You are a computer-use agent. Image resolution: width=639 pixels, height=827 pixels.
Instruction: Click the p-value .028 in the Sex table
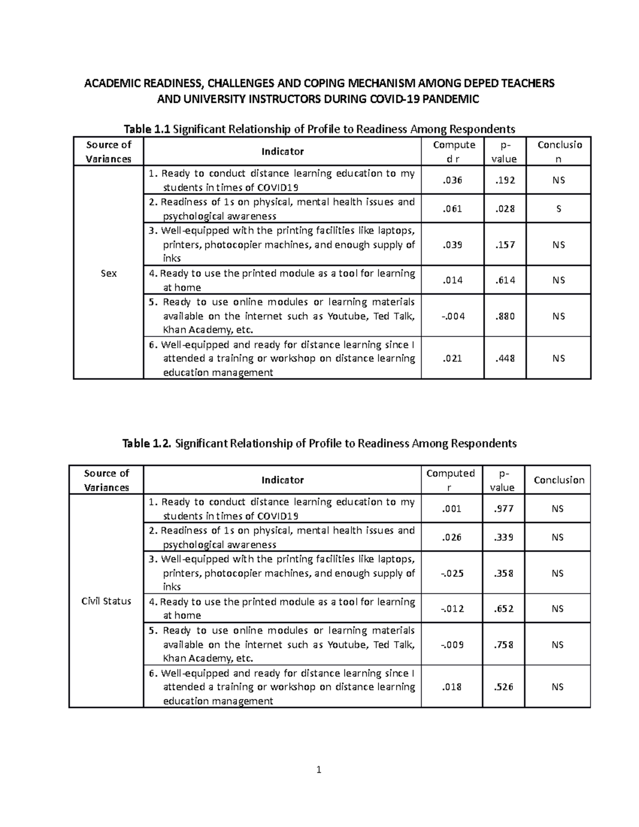tap(505, 209)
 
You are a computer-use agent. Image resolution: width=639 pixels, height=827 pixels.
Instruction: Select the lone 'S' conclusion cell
tap(559, 209)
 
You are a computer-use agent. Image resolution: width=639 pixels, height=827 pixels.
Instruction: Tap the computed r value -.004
tap(453, 316)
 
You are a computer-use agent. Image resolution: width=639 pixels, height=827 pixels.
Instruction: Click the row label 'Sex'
tap(109, 273)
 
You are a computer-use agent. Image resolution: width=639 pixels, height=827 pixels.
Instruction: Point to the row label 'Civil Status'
tap(106, 601)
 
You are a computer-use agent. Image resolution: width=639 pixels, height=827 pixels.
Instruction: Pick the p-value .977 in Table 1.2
tap(504, 509)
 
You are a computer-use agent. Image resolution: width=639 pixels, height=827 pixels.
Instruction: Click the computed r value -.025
tap(452, 574)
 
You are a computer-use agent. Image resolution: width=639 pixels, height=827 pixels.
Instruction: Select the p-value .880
tap(505, 316)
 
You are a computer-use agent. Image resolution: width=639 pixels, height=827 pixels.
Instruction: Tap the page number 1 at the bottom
tap(319, 769)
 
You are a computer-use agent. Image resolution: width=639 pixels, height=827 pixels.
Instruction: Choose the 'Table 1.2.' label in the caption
tap(147, 443)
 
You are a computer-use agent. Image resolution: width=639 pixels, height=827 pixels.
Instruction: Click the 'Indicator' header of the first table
tap(282, 152)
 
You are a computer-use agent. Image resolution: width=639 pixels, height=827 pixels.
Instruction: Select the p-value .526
tap(504, 687)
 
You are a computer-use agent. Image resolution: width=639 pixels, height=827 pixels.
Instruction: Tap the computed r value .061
tap(453, 209)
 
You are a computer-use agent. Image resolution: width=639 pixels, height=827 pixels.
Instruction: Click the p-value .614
tap(505, 280)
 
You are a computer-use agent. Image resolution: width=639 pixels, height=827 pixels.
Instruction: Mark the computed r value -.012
tap(452, 609)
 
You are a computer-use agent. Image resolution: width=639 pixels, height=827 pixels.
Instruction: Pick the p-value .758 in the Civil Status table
tap(504, 645)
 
